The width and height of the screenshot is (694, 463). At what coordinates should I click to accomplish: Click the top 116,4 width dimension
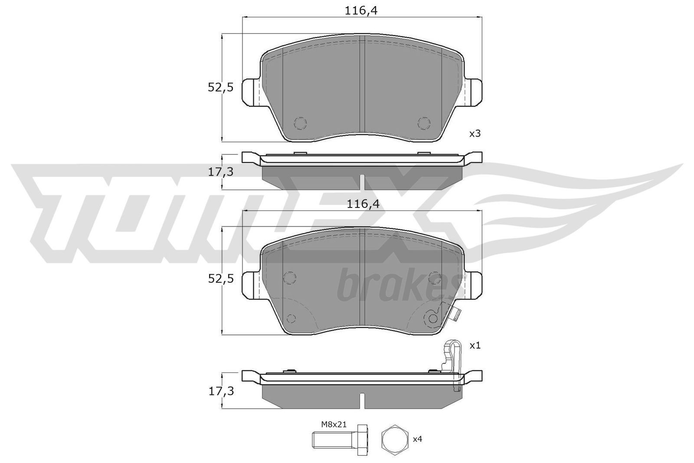pos(362,12)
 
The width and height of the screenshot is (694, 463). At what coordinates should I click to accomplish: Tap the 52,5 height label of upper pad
pos(220,88)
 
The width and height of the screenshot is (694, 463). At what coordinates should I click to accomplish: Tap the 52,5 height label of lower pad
pos(220,279)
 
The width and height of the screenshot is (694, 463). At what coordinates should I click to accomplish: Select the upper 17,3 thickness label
pos(220,172)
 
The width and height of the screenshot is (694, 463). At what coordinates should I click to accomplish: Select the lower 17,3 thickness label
pos(220,391)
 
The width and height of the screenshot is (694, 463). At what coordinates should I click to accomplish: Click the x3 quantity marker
pos(475,134)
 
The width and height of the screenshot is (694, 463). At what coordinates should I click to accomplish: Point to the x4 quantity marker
pos(417,439)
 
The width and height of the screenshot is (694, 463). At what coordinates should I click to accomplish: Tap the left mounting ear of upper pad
pos(250,92)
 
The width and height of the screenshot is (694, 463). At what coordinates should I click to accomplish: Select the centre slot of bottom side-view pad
pos(362,398)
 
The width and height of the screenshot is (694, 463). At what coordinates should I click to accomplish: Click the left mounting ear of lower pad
pos(250,285)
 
